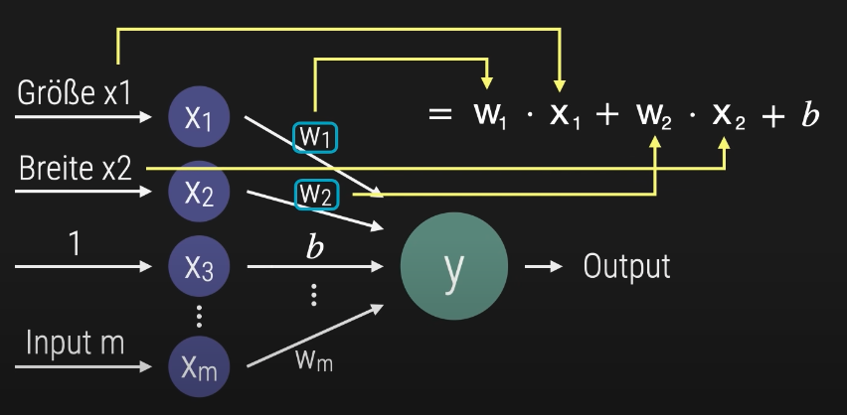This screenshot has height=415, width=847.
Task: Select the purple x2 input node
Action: pos(199,191)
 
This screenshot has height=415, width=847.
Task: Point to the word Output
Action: pos(626,266)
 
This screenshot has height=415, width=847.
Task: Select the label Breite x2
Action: pos(76,169)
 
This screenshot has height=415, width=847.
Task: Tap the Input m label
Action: pos(75,344)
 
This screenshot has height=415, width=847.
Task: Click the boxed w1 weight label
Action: pos(314,137)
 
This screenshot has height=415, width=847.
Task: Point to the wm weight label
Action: pos(314,358)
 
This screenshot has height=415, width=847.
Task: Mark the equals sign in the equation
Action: pos(440,115)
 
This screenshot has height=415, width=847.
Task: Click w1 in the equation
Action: pos(490,116)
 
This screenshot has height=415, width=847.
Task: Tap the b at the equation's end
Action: pos(810,115)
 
